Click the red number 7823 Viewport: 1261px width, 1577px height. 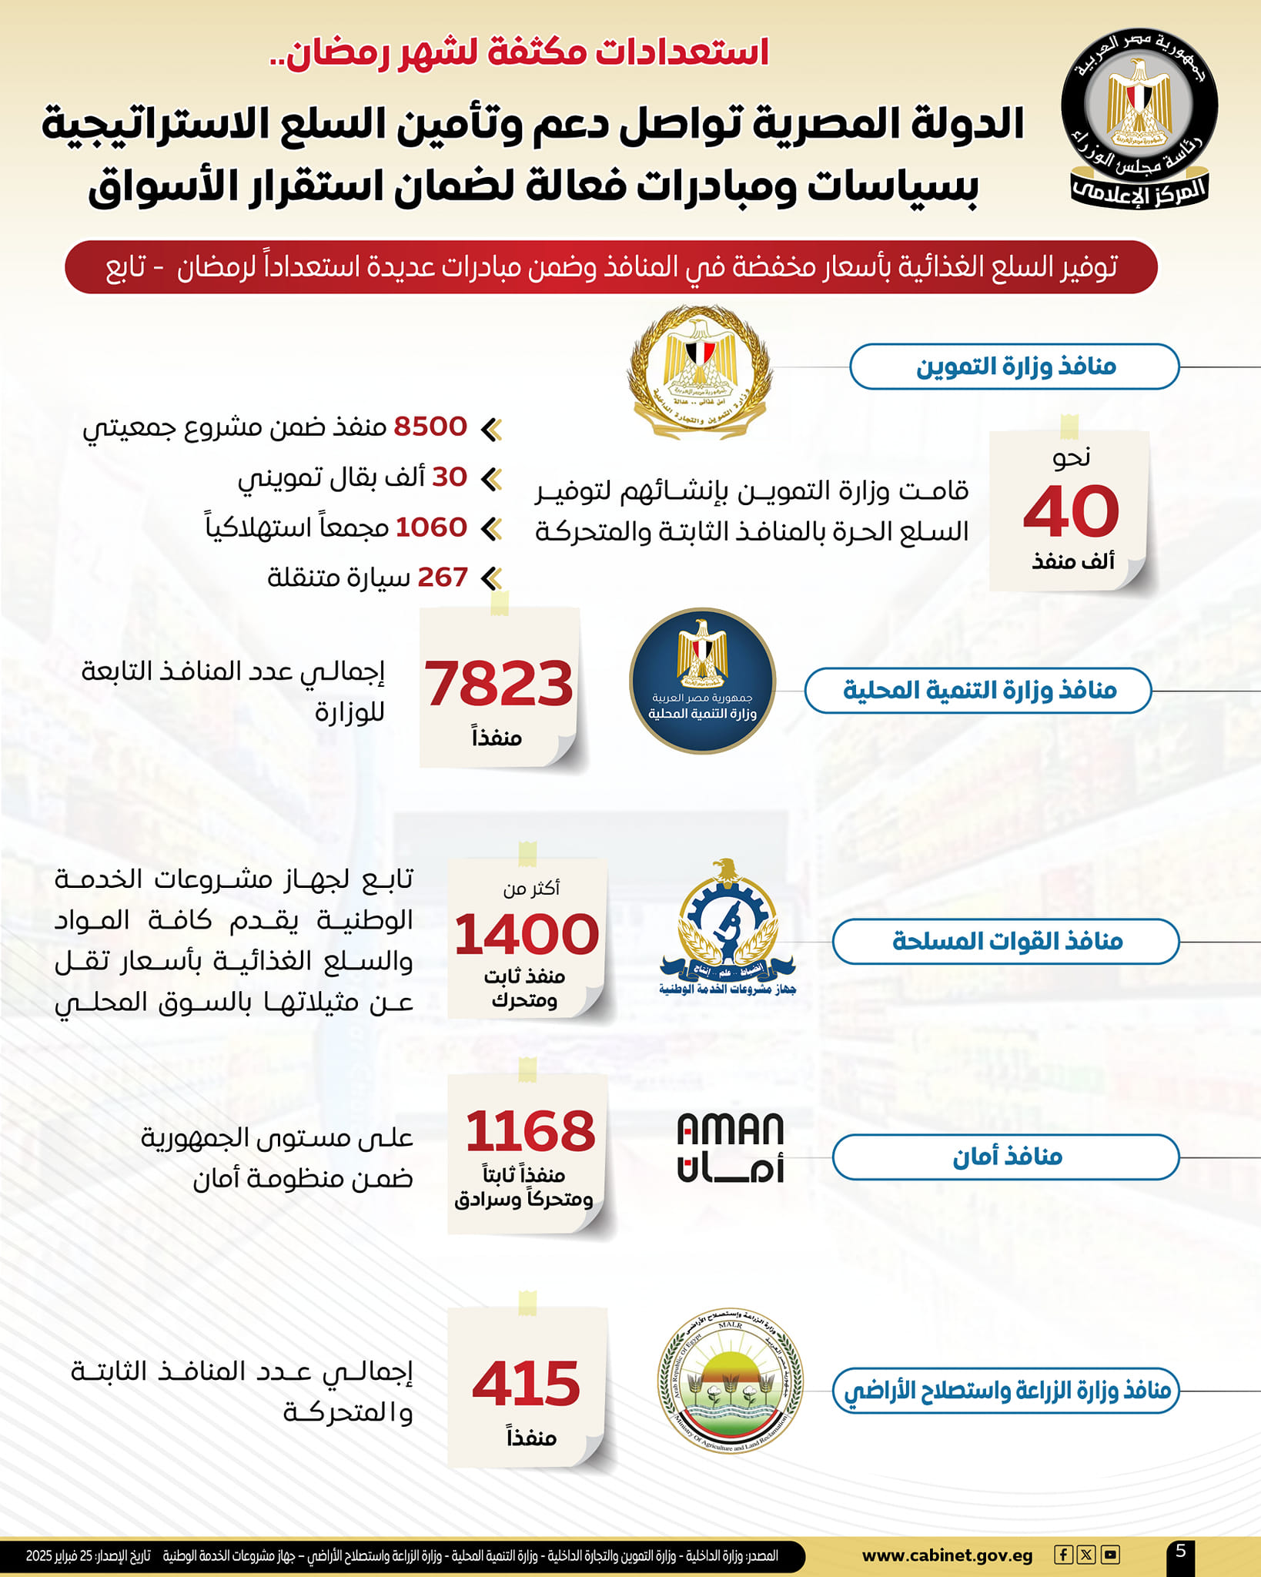coord(499,684)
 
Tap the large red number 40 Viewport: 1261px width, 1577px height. coord(1071,511)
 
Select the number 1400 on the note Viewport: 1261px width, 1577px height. coord(527,934)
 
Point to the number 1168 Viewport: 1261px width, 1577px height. coord(530,1131)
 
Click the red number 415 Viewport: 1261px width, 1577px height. coord(527,1384)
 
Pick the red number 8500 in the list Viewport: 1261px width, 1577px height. coord(430,427)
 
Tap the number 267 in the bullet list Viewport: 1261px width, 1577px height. coord(443,577)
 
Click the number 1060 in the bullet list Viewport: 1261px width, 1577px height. coord(431,527)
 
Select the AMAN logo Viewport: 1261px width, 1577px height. coord(730,1147)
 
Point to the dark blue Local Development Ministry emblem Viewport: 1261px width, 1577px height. coord(702,681)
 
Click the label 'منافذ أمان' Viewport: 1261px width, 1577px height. coord(1006,1157)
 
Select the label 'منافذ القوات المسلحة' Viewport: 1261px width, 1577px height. coord(1006,941)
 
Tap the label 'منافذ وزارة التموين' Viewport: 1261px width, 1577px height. coord(1015,367)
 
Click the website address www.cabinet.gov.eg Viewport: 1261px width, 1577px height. coord(947,1555)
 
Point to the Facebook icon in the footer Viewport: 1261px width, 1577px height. coord(1063,1555)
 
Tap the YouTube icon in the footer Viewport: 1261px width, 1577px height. coord(1109,1555)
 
